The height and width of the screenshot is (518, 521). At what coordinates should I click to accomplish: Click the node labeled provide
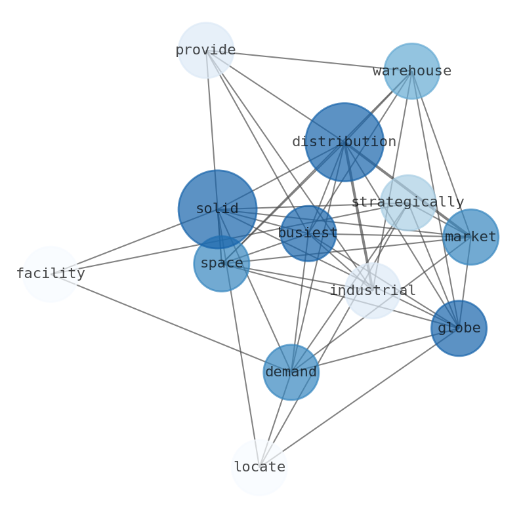point(206,50)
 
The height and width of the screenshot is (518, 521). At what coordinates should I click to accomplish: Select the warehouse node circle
point(411,71)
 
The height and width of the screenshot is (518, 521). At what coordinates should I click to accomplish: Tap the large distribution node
point(344,142)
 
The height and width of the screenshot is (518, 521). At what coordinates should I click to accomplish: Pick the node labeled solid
point(217,209)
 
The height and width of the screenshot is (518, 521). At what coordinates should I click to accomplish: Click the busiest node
point(308,233)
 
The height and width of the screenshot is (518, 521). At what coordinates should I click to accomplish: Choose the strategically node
point(407,203)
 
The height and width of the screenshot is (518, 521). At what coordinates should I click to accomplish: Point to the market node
point(470,237)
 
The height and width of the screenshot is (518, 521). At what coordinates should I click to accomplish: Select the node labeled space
point(221,264)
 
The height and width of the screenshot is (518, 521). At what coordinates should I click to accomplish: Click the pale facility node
point(51,274)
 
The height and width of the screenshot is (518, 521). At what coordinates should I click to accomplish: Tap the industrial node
point(373,290)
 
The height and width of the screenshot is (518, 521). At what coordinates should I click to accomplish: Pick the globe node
point(459,328)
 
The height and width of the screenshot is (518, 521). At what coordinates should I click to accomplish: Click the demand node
point(291,372)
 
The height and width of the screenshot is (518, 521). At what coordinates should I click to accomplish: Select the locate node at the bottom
point(259,468)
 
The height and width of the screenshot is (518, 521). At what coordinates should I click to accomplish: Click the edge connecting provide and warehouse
point(308,60)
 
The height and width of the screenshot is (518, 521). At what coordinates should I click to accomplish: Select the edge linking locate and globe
point(359,397)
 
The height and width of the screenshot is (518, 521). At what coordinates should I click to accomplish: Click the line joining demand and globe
point(375,350)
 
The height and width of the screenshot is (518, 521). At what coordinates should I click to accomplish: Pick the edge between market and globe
point(465,282)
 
